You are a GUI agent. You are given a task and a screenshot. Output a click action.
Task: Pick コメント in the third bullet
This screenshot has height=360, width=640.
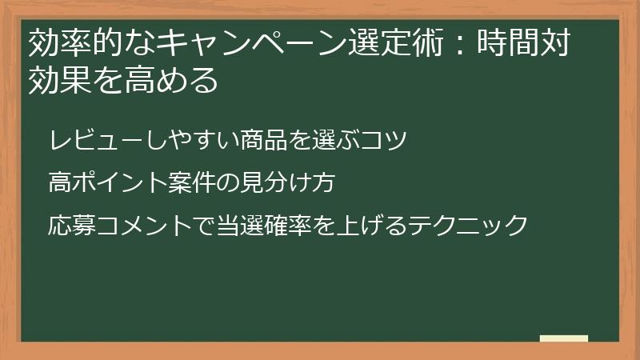tap(132, 225)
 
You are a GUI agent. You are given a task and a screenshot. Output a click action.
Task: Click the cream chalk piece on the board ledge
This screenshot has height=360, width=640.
tap(564, 338)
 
